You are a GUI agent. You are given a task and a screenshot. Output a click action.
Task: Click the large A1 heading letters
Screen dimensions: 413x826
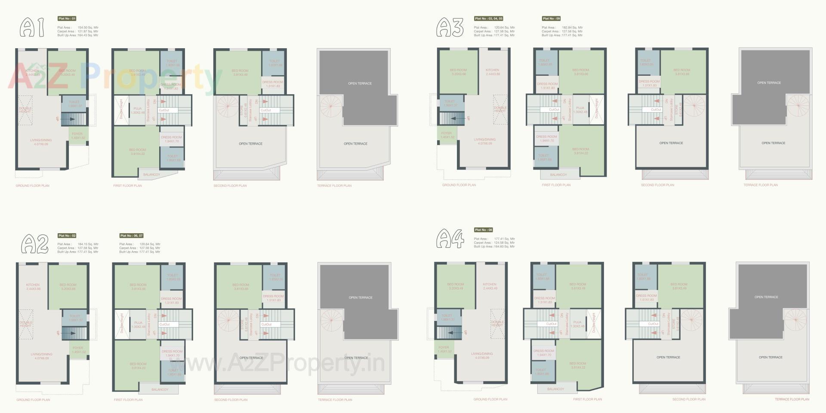tap(32, 27)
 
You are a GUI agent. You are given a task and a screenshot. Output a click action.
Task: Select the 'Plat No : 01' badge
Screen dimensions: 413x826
tap(67, 18)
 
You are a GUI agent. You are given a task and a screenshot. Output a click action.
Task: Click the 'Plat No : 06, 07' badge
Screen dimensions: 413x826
tap(131, 236)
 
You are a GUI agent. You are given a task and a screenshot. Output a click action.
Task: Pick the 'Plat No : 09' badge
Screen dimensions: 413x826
tap(551, 18)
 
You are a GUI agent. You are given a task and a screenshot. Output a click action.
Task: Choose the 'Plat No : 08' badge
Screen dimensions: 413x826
tap(484, 230)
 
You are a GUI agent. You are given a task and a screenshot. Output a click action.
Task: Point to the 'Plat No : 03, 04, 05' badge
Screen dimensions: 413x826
tap(488, 18)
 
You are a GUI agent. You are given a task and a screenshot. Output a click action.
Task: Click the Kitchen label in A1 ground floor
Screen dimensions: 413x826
tap(32, 71)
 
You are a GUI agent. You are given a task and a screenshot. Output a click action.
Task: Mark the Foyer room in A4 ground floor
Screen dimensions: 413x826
tap(444, 349)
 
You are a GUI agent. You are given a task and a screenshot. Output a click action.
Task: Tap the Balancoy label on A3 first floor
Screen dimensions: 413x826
tap(558, 175)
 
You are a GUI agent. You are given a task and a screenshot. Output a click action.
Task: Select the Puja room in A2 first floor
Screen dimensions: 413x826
tap(138, 324)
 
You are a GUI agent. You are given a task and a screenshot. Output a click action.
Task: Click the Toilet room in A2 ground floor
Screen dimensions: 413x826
tap(74, 318)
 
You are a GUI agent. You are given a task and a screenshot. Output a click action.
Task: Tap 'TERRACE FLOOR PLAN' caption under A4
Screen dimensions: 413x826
tap(792, 399)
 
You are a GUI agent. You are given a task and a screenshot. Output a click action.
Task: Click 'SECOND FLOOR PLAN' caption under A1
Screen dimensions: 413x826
tap(230, 186)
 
